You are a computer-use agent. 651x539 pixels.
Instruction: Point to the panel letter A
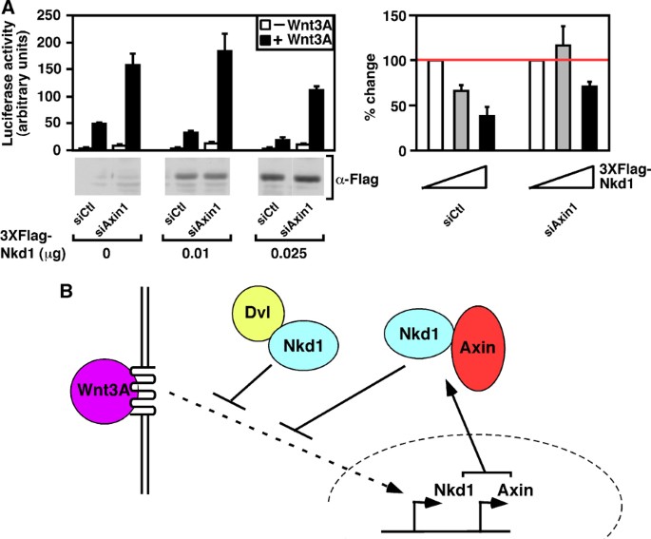(x=9, y=9)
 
